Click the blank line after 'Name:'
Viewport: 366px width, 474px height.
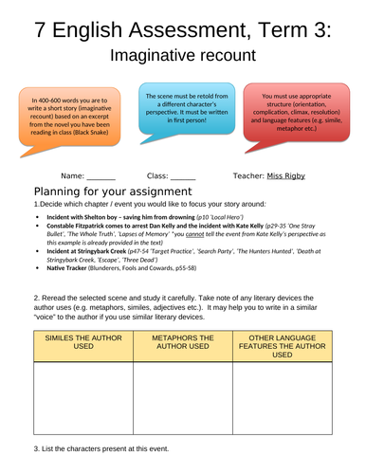[101, 177]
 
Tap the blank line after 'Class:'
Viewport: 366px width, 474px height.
[184, 177]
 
